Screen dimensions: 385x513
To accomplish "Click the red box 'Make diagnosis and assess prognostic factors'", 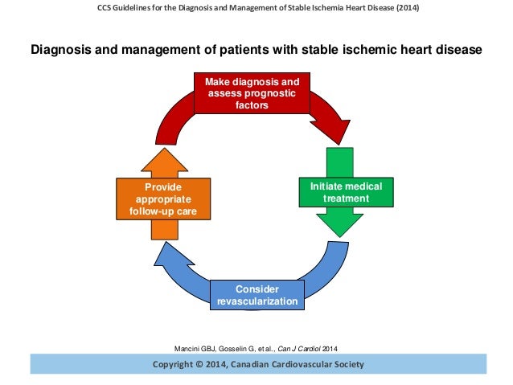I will point(251,93).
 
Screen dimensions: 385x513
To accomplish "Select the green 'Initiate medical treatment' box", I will point(346,192).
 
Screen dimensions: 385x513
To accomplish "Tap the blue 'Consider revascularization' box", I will point(257,295).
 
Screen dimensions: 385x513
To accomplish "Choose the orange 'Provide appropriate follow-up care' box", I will point(164,199).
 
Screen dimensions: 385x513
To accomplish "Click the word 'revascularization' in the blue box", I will point(257,302).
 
